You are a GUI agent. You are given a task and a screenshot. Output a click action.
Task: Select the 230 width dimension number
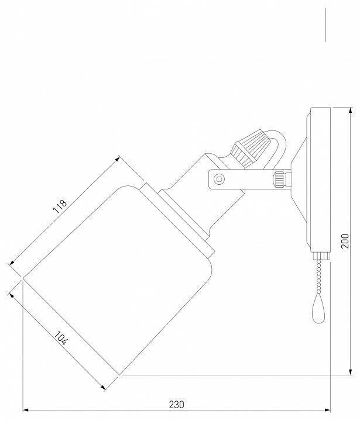(177, 404)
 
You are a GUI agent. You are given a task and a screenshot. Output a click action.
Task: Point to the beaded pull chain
(320, 275)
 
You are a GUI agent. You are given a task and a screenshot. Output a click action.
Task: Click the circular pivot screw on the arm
(219, 178)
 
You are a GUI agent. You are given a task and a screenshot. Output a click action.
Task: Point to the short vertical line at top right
(325, 25)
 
